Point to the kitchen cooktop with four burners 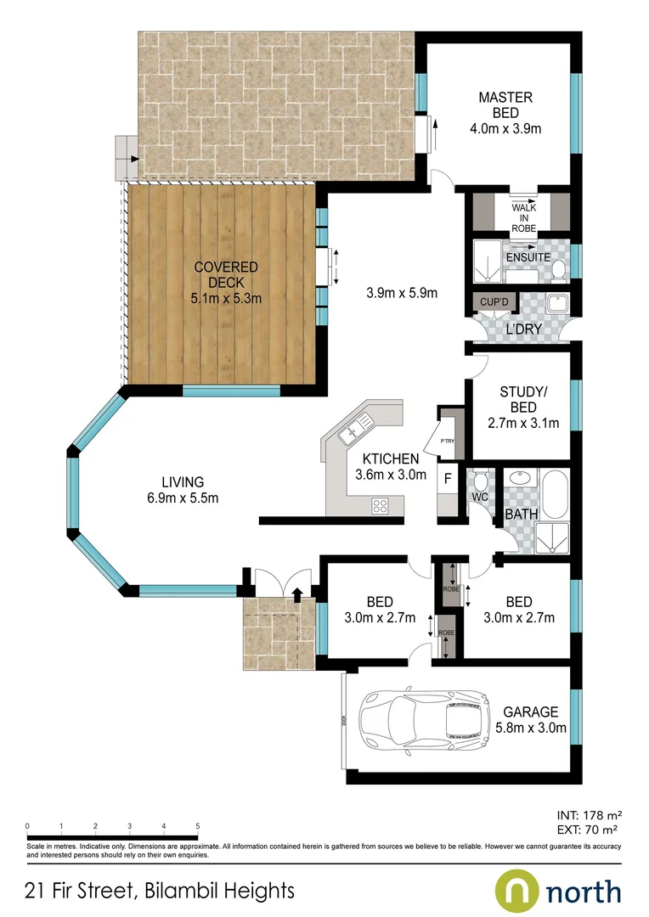(381, 506)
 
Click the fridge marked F (445, 479)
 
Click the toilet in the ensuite (558, 270)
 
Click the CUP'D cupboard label (494, 302)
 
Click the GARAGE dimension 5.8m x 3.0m (530, 727)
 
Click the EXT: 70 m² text (585, 829)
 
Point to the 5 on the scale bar (197, 824)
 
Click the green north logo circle (517, 892)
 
